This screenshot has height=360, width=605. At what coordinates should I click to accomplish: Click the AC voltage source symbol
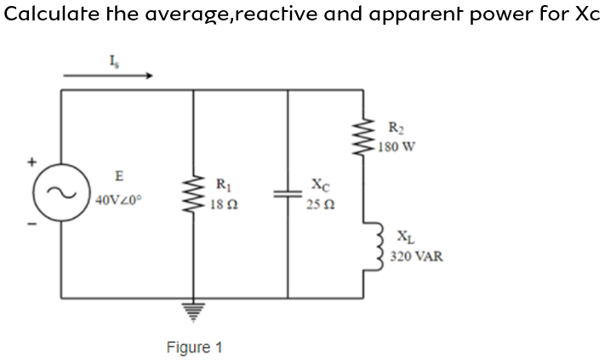click(x=60, y=193)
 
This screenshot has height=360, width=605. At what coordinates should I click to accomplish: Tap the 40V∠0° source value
click(x=120, y=201)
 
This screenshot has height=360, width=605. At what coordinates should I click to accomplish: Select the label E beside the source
click(x=119, y=176)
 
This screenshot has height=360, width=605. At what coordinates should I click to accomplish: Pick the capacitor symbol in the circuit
click(x=287, y=194)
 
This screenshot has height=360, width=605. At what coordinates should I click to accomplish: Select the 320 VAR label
click(x=417, y=255)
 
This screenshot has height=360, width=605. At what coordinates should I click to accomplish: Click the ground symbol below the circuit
click(x=195, y=313)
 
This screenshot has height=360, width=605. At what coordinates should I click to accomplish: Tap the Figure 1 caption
click(x=194, y=347)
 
